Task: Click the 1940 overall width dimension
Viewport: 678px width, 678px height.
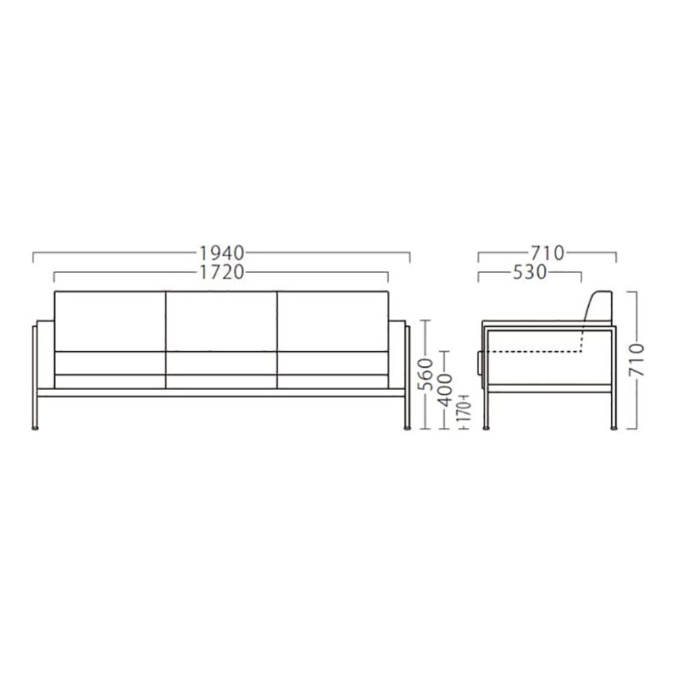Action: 222,253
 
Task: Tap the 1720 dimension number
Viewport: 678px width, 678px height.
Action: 222,272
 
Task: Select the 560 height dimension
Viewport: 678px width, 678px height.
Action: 426,374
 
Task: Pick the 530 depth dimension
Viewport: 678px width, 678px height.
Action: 530,272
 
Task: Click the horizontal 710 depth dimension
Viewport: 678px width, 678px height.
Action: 547,253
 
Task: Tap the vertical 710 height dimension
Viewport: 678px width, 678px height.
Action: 636,360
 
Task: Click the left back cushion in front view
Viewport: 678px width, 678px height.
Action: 110,321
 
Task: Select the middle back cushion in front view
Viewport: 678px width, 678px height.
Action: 221,321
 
